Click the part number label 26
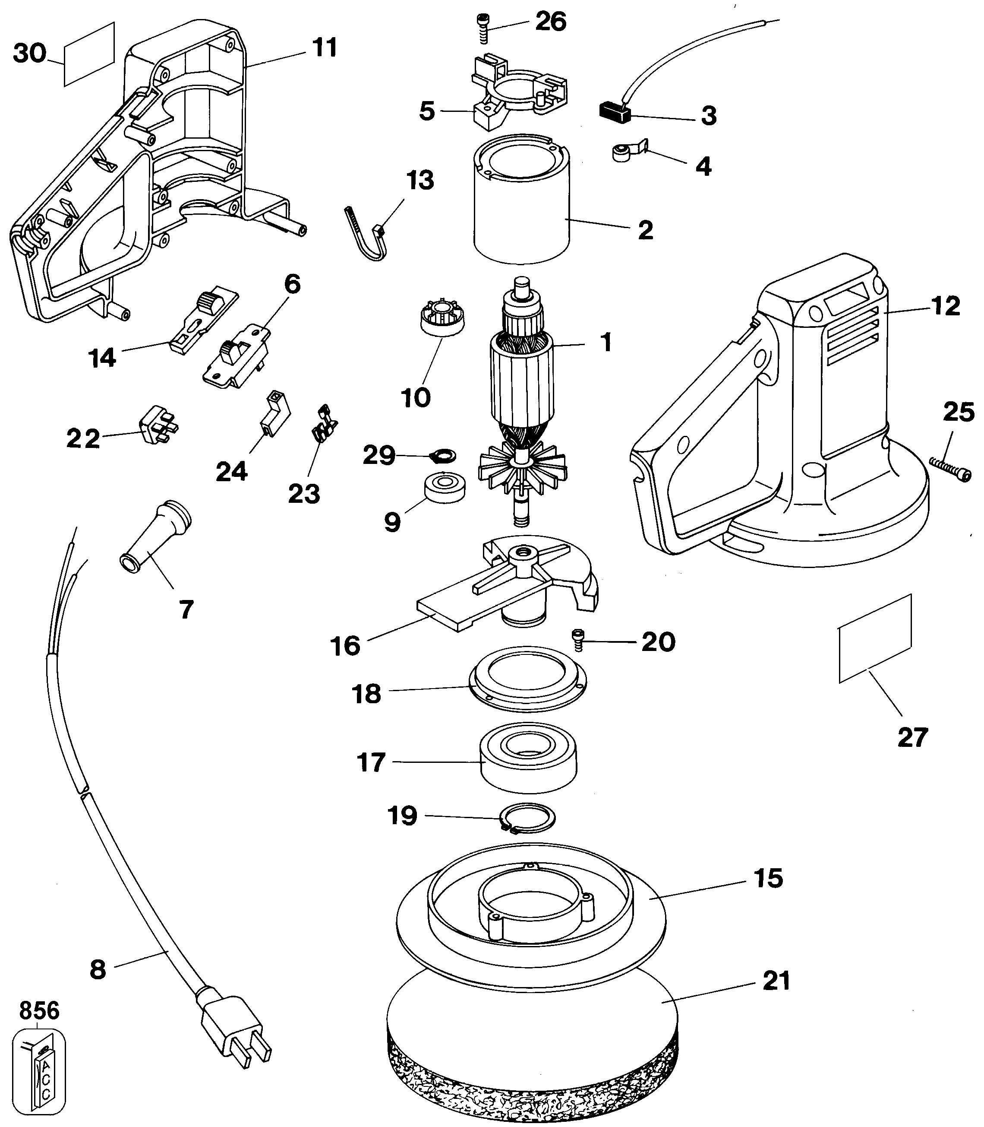pos(550,22)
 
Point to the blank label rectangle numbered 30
pos(89,54)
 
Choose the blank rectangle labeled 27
pos(875,638)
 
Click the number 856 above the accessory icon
pos(39,1010)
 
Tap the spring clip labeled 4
pos(629,152)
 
